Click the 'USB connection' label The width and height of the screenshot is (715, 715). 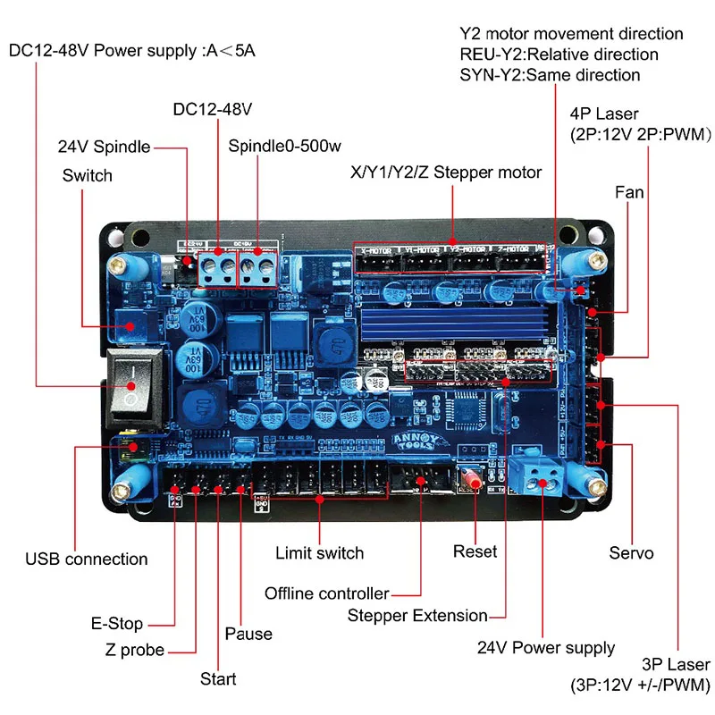(x=87, y=559)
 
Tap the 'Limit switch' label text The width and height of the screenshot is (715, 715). (x=319, y=553)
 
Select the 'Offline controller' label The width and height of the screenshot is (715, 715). (x=327, y=593)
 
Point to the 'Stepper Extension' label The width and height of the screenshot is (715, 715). (x=417, y=615)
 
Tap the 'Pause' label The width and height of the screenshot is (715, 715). (x=248, y=634)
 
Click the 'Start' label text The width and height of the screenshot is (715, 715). (x=218, y=679)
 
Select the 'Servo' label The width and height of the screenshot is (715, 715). (x=631, y=553)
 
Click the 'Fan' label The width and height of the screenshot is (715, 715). (x=629, y=192)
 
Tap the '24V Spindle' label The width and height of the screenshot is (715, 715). (x=104, y=147)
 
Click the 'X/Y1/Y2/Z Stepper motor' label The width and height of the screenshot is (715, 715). (x=445, y=172)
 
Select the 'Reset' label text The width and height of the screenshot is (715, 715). (x=475, y=551)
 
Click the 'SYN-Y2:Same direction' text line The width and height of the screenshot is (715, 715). (x=550, y=75)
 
